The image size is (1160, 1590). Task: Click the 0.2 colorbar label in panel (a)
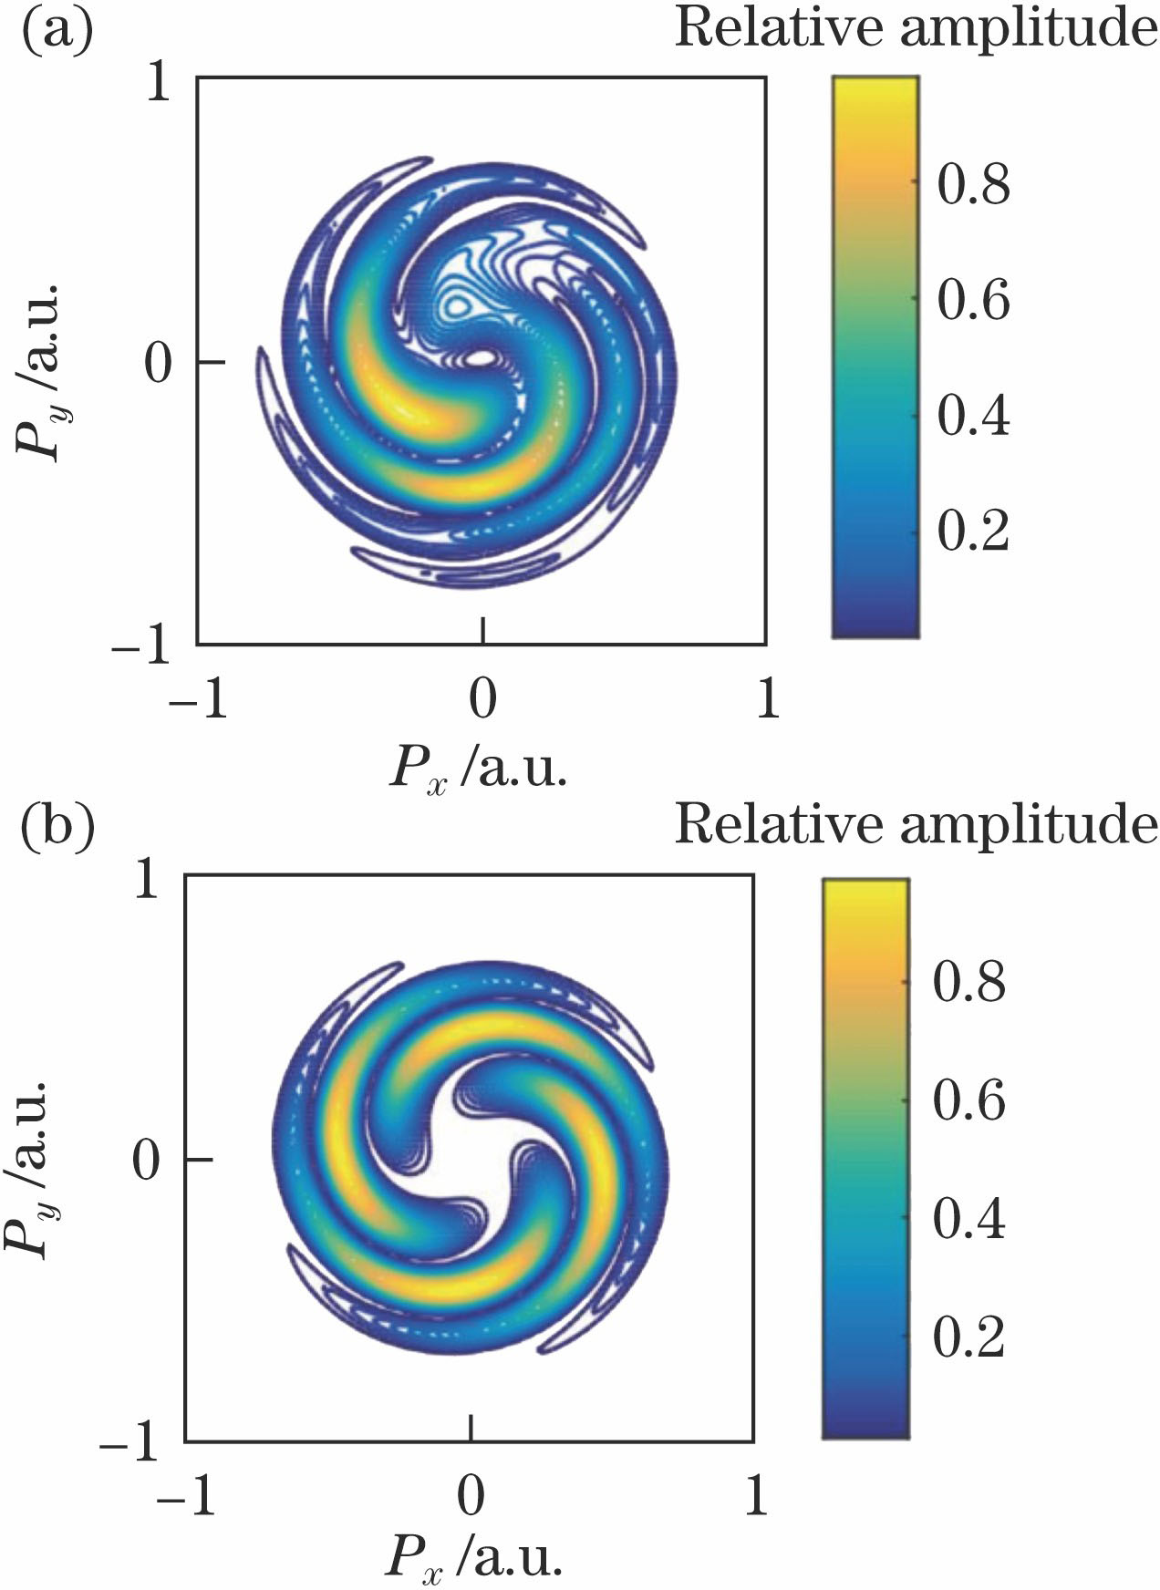[973, 530]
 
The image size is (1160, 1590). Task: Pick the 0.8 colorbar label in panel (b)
[968, 982]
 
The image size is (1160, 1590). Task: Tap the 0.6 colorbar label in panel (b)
[968, 1099]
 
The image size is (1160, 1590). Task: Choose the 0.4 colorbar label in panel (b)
[968, 1218]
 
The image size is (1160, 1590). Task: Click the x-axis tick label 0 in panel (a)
[482, 699]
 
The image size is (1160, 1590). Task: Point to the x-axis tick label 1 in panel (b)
[755, 1496]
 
